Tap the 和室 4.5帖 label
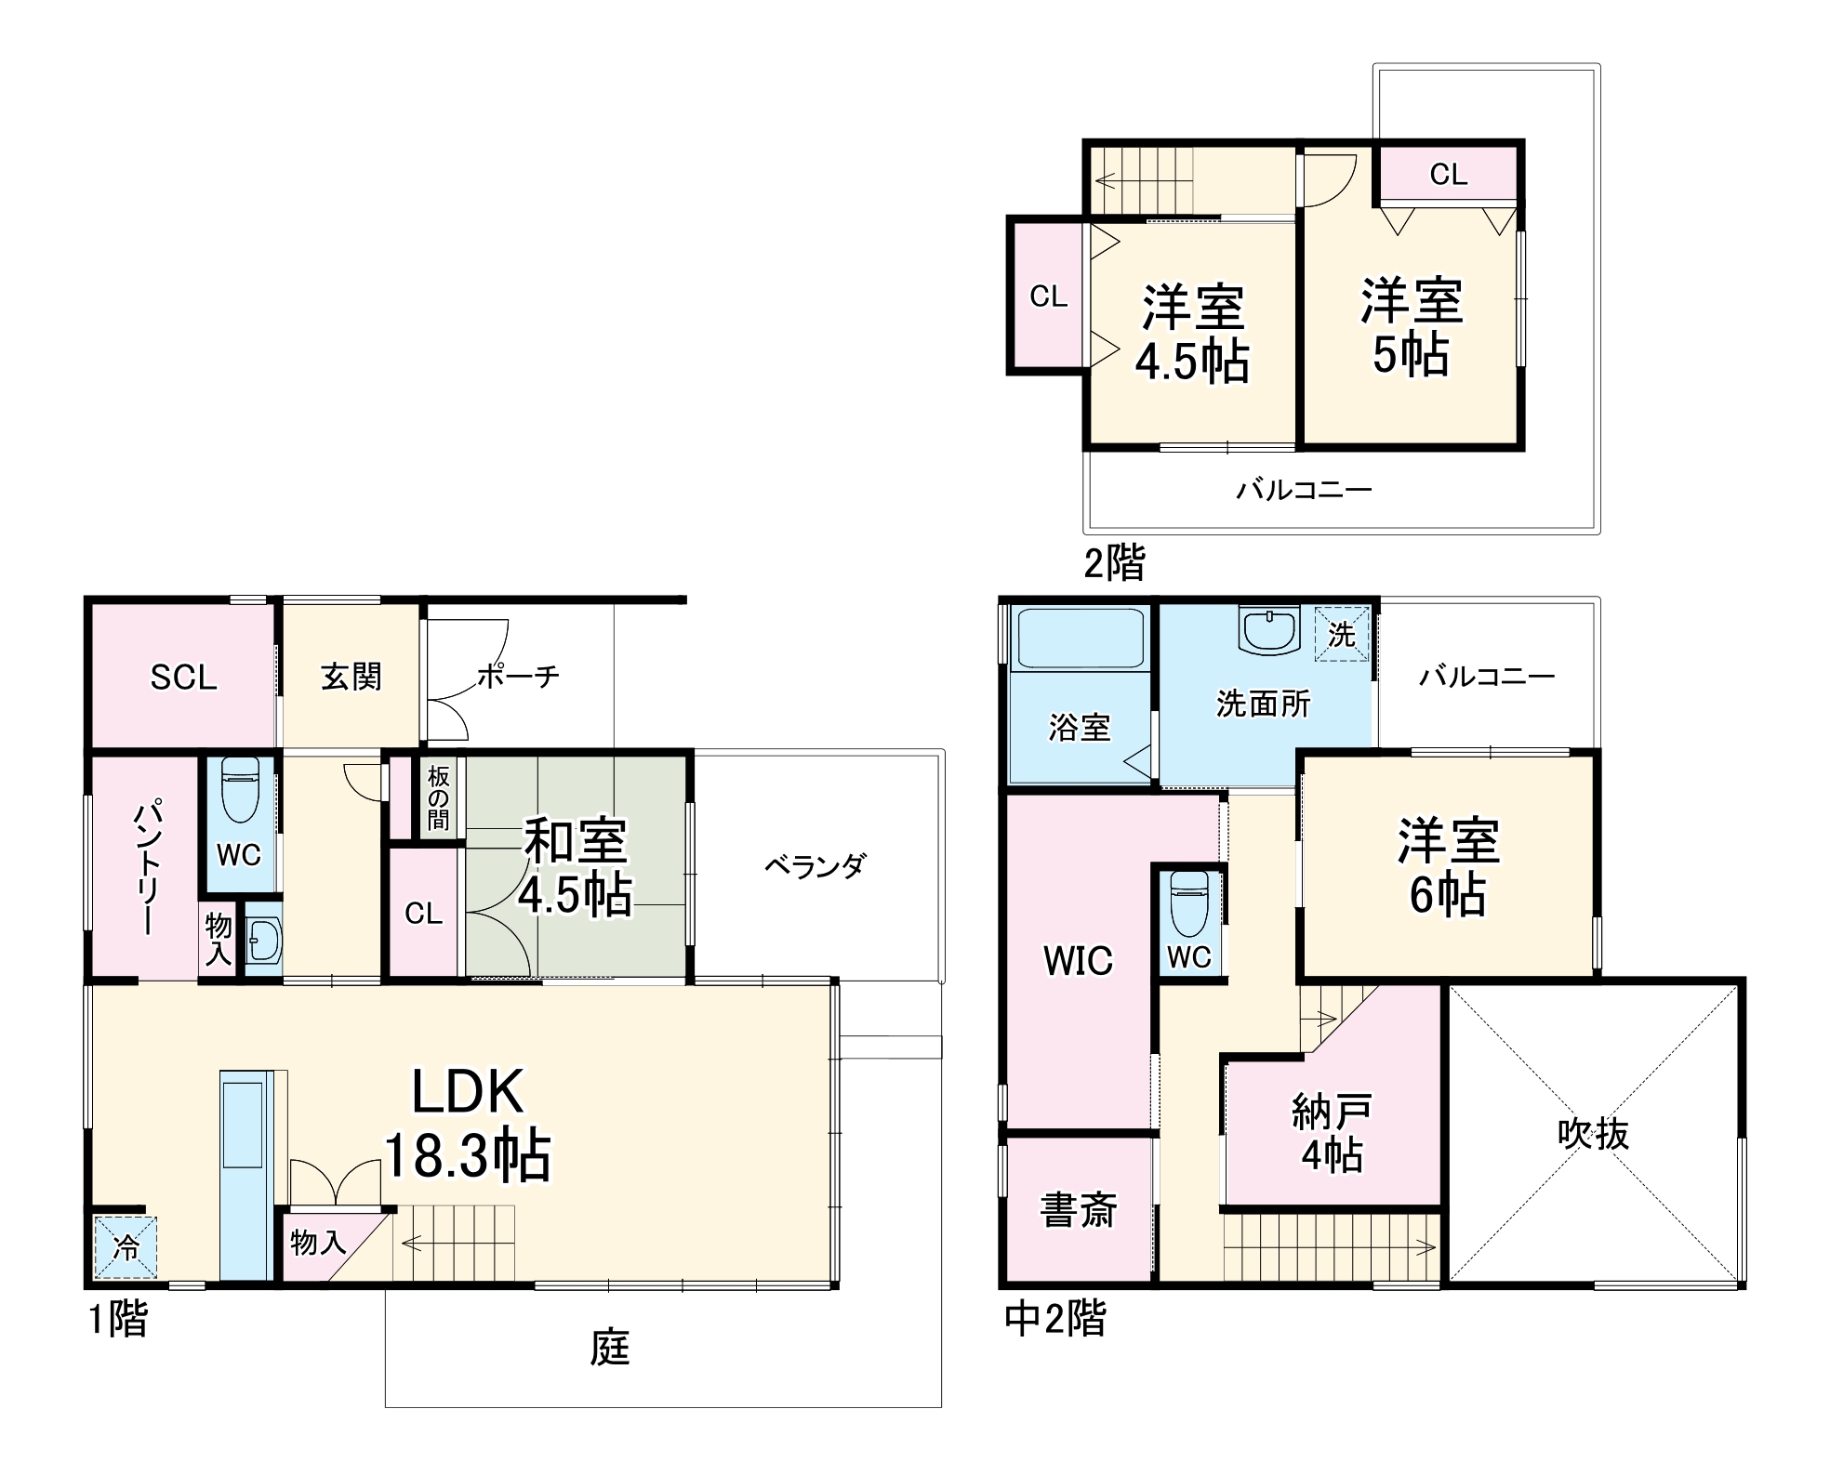[575, 867]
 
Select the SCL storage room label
[184, 678]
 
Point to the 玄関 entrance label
[351, 677]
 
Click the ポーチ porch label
[518, 676]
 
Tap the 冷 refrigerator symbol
[126, 1247]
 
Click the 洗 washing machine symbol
[1342, 634]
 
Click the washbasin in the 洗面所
[1268, 631]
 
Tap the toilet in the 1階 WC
[241, 790]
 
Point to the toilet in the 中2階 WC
[1189, 902]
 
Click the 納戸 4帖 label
[1332, 1133]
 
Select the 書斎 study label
[1080, 1210]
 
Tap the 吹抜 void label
[1593, 1134]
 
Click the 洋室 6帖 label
[1448, 867]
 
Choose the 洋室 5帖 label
[1412, 327]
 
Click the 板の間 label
[438, 797]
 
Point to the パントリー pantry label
[148, 865]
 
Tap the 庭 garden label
[610, 1348]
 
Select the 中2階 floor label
[1055, 1318]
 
